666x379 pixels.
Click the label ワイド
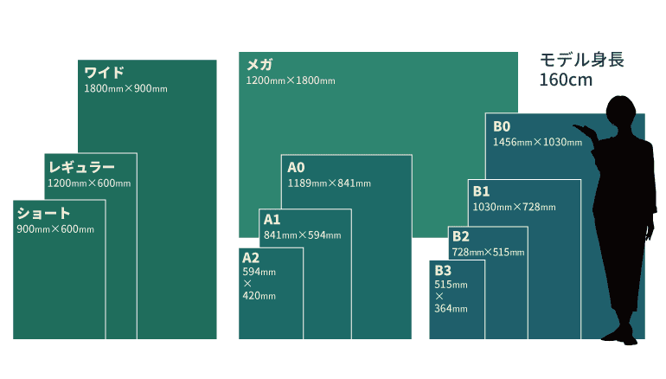tap(104, 72)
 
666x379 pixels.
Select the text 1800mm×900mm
tap(125, 89)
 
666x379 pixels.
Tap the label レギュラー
tap(82, 166)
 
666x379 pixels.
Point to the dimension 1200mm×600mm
tap(89, 183)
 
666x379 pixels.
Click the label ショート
tap(43, 213)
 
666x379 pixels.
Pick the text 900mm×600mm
tap(55, 229)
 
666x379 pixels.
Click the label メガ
tap(259, 65)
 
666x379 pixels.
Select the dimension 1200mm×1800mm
tap(291, 81)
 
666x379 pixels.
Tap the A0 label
tap(297, 167)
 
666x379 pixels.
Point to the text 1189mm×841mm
tap(329, 183)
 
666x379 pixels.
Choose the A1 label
tap(272, 220)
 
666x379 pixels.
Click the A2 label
tap(250, 258)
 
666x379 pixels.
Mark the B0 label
tap(502, 126)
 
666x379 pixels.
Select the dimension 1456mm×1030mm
tap(537, 142)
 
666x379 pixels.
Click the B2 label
tap(460, 236)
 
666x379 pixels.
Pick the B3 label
tap(442, 271)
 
